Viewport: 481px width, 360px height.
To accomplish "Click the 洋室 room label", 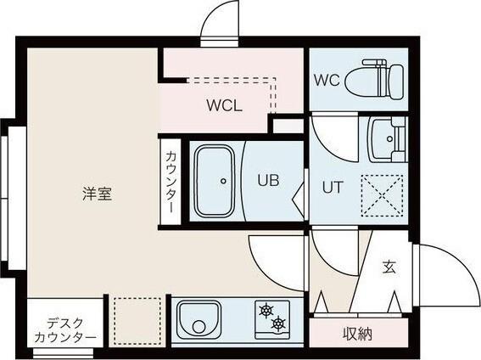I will (x=97, y=194).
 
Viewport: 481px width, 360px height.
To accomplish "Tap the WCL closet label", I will (x=226, y=106).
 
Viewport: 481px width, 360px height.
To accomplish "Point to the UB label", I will (x=268, y=180).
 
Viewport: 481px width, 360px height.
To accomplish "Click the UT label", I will (x=332, y=188).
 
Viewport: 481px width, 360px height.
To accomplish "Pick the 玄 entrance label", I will (x=389, y=267).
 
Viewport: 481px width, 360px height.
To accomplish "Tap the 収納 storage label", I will (x=358, y=334).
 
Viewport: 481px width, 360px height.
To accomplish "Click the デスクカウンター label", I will (x=65, y=329).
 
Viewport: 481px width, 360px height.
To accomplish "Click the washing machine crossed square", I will (x=382, y=194).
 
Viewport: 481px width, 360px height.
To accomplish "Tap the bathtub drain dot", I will (x=223, y=180).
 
